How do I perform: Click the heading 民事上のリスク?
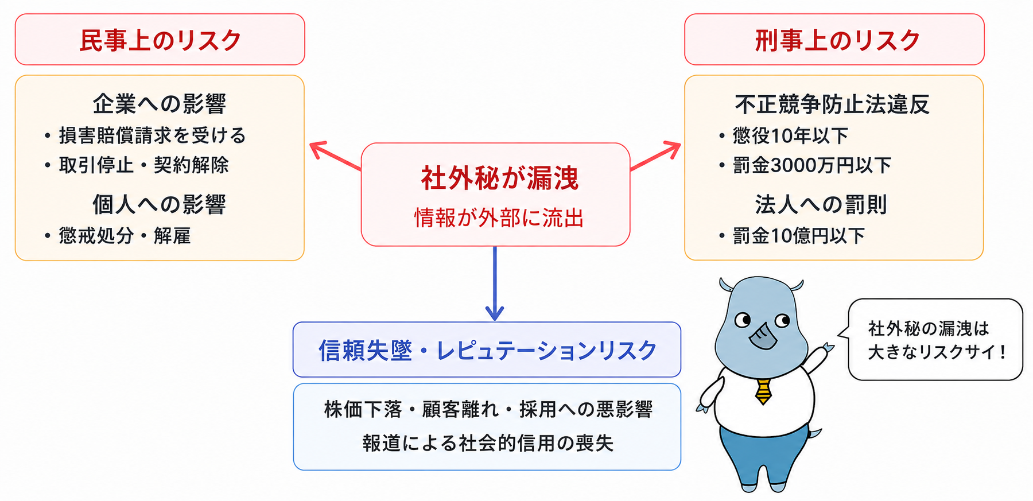tap(160, 40)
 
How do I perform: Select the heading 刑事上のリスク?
tap(837, 40)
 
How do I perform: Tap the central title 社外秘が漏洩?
tap(500, 178)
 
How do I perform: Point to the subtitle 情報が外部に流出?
tap(499, 218)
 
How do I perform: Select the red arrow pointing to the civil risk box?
tap(336, 156)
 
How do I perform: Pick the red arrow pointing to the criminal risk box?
tap(655, 156)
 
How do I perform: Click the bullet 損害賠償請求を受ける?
tap(152, 135)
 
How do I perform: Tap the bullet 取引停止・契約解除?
tap(143, 165)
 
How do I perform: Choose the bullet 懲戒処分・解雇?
tap(125, 235)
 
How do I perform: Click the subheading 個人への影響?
tap(160, 204)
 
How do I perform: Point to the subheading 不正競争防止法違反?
tap(832, 104)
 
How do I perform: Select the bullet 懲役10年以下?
tap(790, 135)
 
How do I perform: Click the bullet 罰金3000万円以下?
tap(812, 165)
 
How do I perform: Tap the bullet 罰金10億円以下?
tap(799, 235)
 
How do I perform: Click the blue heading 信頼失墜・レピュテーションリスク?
tap(487, 350)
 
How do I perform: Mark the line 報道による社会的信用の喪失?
tap(488, 443)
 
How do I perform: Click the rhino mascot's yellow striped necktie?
tap(763, 391)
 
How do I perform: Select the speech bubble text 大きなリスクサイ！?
tap(937, 352)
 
